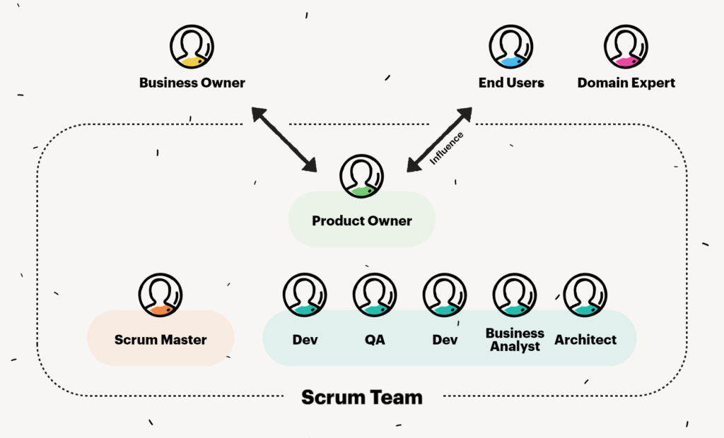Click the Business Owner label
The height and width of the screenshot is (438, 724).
192,83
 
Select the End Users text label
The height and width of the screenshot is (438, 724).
511,83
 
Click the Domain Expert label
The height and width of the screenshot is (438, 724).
626,83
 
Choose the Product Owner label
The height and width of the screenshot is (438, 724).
361,221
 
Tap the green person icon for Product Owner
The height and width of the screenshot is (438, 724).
361,176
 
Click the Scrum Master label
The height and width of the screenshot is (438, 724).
160,340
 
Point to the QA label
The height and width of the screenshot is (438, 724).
375,340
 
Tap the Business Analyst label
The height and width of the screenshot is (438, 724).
515,340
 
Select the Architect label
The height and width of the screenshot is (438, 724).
585,340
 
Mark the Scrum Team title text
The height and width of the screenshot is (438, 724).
361,397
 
